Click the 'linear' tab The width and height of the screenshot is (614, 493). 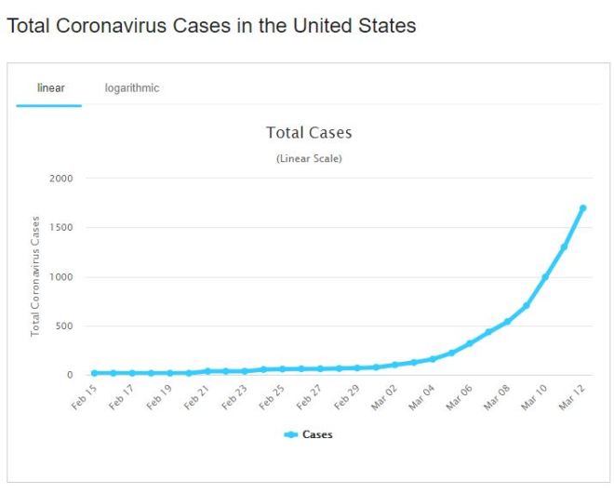coord(49,88)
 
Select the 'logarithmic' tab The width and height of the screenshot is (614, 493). coord(132,88)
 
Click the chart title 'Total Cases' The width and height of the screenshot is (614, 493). coord(309,133)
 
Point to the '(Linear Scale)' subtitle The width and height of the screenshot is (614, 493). coord(309,159)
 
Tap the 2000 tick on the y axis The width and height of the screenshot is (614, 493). coord(61,179)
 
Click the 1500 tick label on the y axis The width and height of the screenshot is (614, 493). coord(61,228)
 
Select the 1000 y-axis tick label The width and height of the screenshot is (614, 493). coord(61,277)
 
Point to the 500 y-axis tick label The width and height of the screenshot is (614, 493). coord(64,326)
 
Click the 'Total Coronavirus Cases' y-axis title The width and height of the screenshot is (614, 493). coord(35,276)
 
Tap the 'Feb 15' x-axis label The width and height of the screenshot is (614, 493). coord(84,397)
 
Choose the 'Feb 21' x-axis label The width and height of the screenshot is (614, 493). coord(196,397)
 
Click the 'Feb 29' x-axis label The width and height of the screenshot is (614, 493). coord(346,397)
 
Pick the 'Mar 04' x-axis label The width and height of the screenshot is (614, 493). coord(421,397)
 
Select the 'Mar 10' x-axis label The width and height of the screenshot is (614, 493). coord(534,397)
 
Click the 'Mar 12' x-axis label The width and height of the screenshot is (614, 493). coord(571,397)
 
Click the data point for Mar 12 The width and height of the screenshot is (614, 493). coord(582,208)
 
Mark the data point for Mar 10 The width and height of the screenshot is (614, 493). coord(545,277)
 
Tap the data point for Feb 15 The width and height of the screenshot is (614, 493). coord(95,373)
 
